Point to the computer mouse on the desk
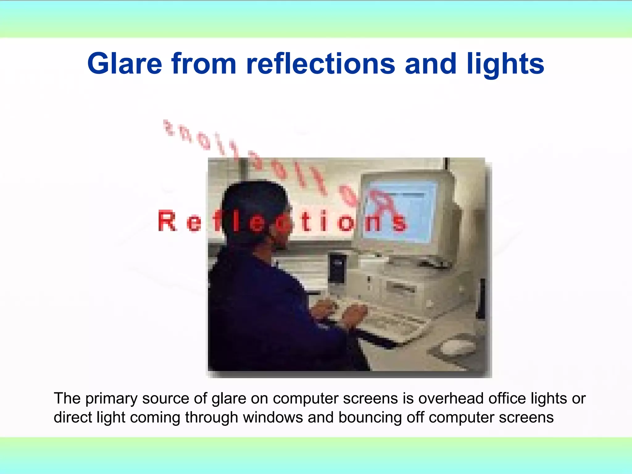pos(457,347)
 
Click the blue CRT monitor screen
pos(401,213)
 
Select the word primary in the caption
pos(111,399)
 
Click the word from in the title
pos(204,64)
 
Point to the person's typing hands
pos(339,312)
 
